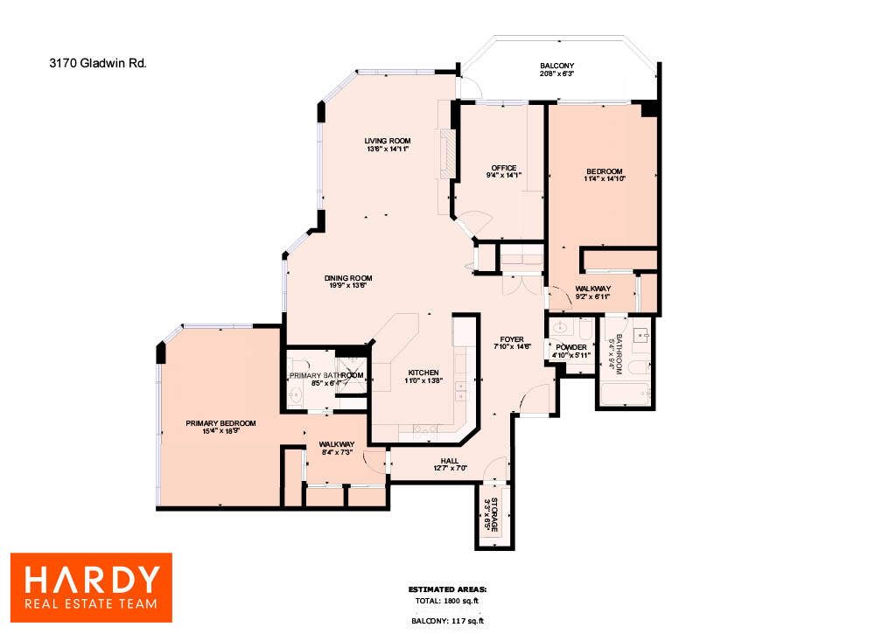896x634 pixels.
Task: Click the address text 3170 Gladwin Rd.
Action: [98, 63]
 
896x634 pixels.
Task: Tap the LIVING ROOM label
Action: [388, 141]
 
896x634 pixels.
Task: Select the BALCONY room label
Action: [557, 66]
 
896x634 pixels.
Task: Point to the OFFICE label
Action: [504, 168]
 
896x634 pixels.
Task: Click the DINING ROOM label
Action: [348, 278]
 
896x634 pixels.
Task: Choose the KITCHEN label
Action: [423, 373]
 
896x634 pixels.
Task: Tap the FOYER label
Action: [512, 339]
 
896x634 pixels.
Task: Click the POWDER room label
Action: [571, 347]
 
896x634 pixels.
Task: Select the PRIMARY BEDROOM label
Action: [220, 423]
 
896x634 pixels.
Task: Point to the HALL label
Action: [450, 461]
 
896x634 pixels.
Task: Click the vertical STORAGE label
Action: [495, 514]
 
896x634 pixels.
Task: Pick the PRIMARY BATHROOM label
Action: [326, 375]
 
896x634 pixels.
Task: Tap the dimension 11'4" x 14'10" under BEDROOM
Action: [605, 178]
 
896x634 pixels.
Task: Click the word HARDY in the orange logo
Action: [92, 580]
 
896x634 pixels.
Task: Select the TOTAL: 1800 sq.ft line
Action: [447, 601]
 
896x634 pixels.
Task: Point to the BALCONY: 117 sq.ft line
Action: [447, 621]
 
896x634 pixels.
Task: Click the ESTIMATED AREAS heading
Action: [447, 589]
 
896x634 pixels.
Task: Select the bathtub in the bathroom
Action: [625, 394]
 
